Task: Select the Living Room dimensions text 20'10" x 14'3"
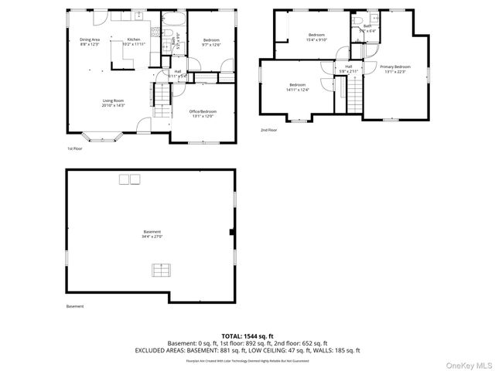click(114, 105)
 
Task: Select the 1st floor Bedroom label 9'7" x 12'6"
click(211, 42)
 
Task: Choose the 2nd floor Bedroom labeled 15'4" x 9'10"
click(317, 37)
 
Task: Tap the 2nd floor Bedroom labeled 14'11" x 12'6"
click(298, 87)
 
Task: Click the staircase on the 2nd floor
click(353, 97)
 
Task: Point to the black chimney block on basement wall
click(232, 232)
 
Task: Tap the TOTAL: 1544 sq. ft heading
click(247, 336)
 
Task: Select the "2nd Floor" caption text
click(269, 130)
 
